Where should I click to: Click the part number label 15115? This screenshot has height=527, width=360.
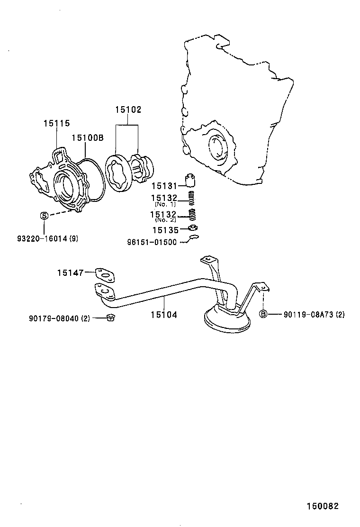(x=56, y=123)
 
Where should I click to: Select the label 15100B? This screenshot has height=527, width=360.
(x=88, y=137)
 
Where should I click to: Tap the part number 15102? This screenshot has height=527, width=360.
(x=128, y=110)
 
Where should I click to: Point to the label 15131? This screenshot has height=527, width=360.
(x=164, y=186)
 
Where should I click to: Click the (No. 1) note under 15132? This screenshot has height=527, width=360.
(x=165, y=204)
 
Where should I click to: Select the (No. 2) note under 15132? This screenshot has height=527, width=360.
(x=165, y=220)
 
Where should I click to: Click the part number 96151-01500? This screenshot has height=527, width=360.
(x=152, y=242)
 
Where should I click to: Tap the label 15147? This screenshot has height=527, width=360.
(x=71, y=273)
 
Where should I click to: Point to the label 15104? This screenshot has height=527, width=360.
(x=164, y=314)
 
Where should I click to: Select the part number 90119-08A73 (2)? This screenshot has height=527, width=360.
(x=314, y=314)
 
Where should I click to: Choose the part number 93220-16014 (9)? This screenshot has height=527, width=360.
(x=47, y=238)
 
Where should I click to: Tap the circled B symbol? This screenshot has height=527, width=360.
(x=263, y=314)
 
